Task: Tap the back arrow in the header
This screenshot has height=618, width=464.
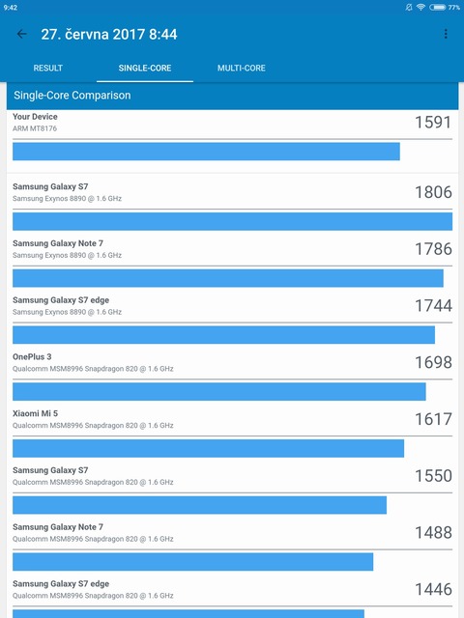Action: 22,34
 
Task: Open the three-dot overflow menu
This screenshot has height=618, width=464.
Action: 446,34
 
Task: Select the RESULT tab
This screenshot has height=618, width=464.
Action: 48,68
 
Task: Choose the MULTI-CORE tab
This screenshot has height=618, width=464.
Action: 241,68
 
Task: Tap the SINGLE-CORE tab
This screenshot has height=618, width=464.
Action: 145,68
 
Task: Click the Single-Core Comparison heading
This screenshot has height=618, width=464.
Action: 72,96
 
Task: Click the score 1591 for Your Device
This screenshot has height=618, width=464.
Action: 432,123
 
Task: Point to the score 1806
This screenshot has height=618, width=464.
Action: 432,192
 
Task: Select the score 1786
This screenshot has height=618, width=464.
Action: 432,249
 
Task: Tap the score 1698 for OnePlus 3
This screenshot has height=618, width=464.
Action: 432,362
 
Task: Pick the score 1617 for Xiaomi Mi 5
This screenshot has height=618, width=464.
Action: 432,419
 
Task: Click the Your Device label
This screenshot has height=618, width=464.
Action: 35,117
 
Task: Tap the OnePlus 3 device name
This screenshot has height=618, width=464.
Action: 32,357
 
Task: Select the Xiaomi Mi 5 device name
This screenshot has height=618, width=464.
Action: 35,413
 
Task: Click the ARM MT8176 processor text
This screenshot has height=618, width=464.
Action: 35,128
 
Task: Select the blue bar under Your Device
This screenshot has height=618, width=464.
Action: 206,152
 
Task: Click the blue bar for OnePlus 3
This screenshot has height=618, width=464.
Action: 218,391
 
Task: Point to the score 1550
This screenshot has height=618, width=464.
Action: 432,476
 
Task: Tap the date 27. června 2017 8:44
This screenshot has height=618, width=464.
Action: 109,34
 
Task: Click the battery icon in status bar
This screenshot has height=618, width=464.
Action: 438,7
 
